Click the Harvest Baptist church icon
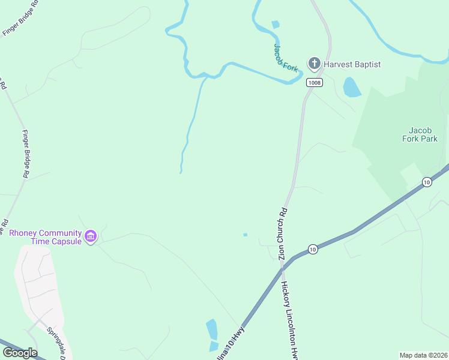(x=313, y=63)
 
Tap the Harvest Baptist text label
(x=352, y=64)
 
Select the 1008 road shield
(x=313, y=82)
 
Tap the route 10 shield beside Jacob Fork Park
(x=427, y=181)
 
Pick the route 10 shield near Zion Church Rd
(x=312, y=248)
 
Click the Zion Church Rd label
(x=283, y=234)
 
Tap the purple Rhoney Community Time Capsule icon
(x=91, y=236)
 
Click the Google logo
(x=20, y=353)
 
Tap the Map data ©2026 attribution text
(x=423, y=355)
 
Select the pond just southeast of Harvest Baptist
(x=352, y=87)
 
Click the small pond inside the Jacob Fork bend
(x=276, y=25)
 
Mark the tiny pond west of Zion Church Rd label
(x=245, y=235)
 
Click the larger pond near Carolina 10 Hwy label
(x=212, y=329)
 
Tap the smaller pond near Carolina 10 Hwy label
(x=214, y=346)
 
